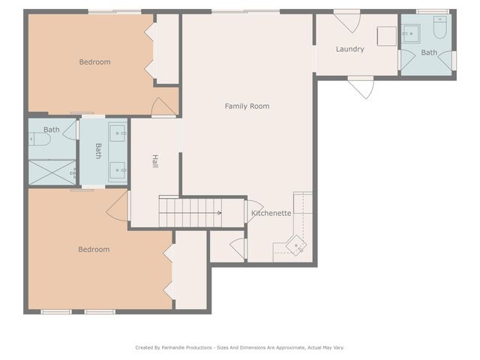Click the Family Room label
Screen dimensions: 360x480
point(247,106)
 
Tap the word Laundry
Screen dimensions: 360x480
point(349,49)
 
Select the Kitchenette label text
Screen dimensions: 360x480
point(271,214)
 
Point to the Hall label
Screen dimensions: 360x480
point(155,161)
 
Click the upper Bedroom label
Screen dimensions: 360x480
point(94,62)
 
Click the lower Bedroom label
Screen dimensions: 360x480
point(94,250)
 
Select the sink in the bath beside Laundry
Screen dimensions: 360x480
point(410,34)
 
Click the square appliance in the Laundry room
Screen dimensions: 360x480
point(386,36)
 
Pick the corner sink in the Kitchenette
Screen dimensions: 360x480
point(297,245)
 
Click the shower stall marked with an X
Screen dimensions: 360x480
point(52,172)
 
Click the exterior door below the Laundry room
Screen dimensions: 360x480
point(361,88)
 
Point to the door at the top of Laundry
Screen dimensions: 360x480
point(347,19)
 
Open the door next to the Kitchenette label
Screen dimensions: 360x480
point(253,211)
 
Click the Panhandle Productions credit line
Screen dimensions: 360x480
point(239,347)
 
